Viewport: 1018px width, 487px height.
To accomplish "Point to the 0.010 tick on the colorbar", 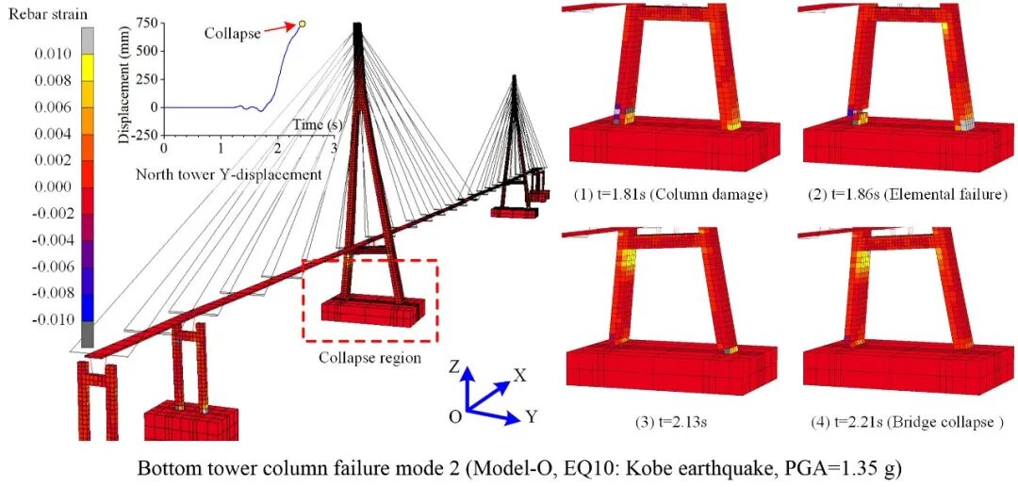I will coord(49,54).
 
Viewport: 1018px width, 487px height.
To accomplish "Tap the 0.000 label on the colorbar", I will coord(49,187).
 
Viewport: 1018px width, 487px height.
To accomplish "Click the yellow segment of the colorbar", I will coord(88,66).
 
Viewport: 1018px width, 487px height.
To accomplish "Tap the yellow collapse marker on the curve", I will coord(303,24).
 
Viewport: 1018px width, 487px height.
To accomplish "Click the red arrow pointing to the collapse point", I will coord(279,31).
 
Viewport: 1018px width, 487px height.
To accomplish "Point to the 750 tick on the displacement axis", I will coord(145,24).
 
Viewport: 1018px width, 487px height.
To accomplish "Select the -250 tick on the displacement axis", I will coord(141,135).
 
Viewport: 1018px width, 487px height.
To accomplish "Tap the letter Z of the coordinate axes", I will coord(453,368).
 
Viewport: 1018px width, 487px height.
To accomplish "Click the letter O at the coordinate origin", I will coord(454,415).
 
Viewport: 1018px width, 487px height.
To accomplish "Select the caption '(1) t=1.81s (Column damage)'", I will coord(671,195).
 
